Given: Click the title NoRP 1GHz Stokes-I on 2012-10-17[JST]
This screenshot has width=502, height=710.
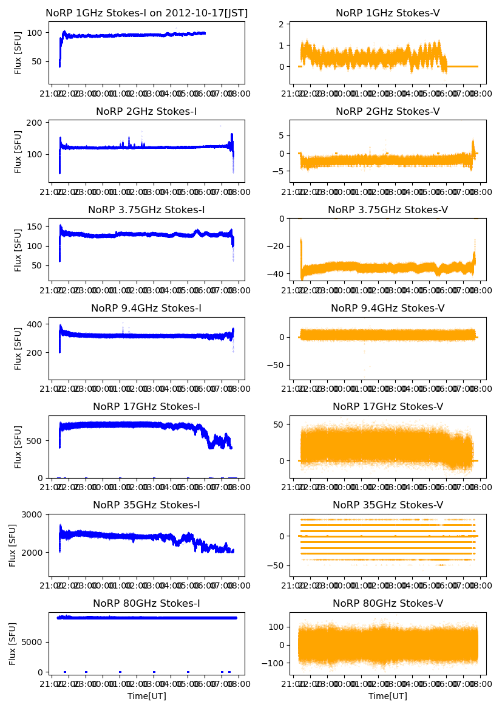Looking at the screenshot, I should coord(146,13).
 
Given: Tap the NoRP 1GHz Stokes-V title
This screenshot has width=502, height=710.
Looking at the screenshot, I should coord(387,13).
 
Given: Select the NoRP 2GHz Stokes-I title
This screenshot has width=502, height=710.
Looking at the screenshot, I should coord(146,111).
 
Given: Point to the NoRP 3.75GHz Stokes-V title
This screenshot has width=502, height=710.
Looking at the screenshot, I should coord(387,210).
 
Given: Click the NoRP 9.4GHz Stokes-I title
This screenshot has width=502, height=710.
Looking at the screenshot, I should coord(146,308).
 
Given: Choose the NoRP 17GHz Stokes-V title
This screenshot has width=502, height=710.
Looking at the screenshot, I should coord(387,406).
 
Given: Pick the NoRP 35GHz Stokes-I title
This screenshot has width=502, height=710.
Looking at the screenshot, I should coord(146,505).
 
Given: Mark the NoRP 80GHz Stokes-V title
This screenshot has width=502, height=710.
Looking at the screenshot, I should coord(387,603).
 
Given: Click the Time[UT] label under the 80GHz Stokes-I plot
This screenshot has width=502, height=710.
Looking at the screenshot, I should coord(146,696).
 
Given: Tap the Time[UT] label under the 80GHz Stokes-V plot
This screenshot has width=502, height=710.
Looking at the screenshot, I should coord(387,696).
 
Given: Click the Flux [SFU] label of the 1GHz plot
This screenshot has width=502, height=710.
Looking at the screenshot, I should coord(18,52).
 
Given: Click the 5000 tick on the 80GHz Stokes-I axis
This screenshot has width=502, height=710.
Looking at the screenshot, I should coord(33,641).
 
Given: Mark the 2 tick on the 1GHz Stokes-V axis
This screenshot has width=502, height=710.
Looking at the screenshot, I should coord(282,24).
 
